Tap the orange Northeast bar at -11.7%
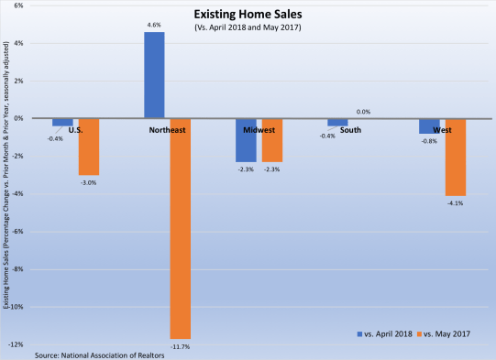(x=180, y=228)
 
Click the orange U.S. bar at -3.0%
(x=88, y=147)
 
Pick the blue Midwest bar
(x=246, y=140)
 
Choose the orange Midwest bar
(x=271, y=140)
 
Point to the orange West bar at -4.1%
(x=455, y=157)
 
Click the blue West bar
(x=429, y=125)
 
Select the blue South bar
(x=337, y=122)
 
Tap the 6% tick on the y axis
(x=20, y=5)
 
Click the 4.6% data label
(x=154, y=26)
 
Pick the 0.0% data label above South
(x=363, y=112)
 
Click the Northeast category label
(x=168, y=130)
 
